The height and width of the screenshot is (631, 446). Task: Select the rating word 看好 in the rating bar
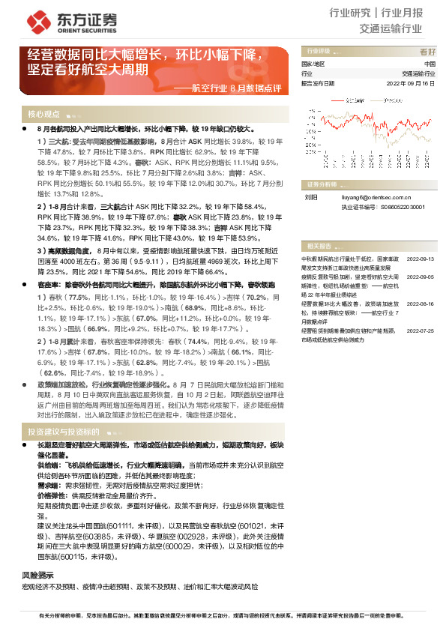tap(427, 52)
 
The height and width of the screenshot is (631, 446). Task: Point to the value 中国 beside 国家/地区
tap(430, 64)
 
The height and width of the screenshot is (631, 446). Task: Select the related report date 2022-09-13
tap(421, 259)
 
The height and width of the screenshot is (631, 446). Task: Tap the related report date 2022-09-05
tap(421, 277)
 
